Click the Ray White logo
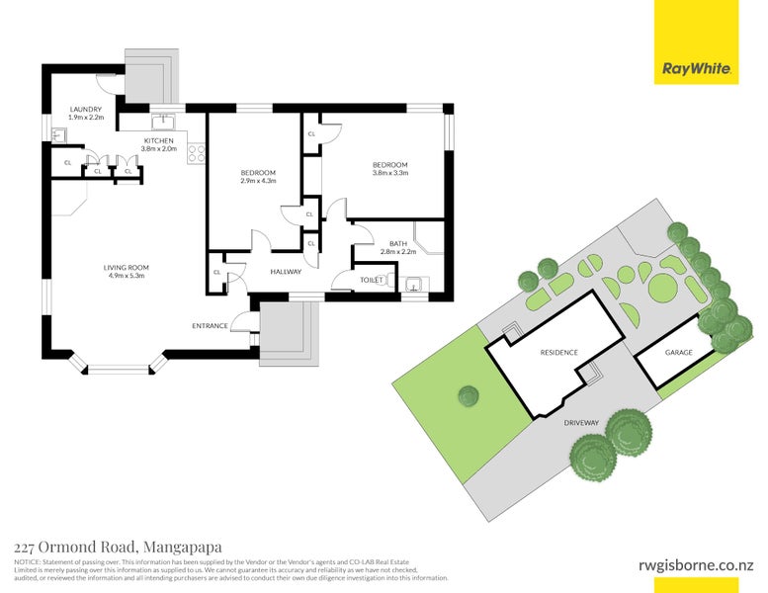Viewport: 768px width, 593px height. pos(696,69)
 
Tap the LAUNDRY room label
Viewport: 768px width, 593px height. pos(86,110)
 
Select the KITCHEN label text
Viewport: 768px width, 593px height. pos(159,141)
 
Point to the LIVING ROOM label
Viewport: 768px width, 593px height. pos(126,267)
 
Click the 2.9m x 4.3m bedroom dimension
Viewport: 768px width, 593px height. pos(258,181)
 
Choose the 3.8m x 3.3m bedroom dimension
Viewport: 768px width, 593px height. pos(389,173)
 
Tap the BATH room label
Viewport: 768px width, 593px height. pos(398,243)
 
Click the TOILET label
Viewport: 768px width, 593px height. pos(372,280)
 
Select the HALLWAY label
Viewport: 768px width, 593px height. pos(286,271)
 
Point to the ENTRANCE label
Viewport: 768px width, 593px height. pos(210,326)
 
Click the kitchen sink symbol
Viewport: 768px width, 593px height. pos(163,123)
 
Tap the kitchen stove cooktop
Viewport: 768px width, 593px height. pos(197,153)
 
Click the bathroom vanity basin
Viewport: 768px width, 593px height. pos(415,287)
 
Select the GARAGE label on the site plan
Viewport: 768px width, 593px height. pos(678,353)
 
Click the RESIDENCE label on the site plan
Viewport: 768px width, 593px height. pos(559,353)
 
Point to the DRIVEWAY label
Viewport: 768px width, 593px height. pos(581,423)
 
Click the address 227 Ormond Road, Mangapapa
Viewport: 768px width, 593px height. pos(118,547)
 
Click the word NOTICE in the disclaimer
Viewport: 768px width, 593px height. pos(27,561)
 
